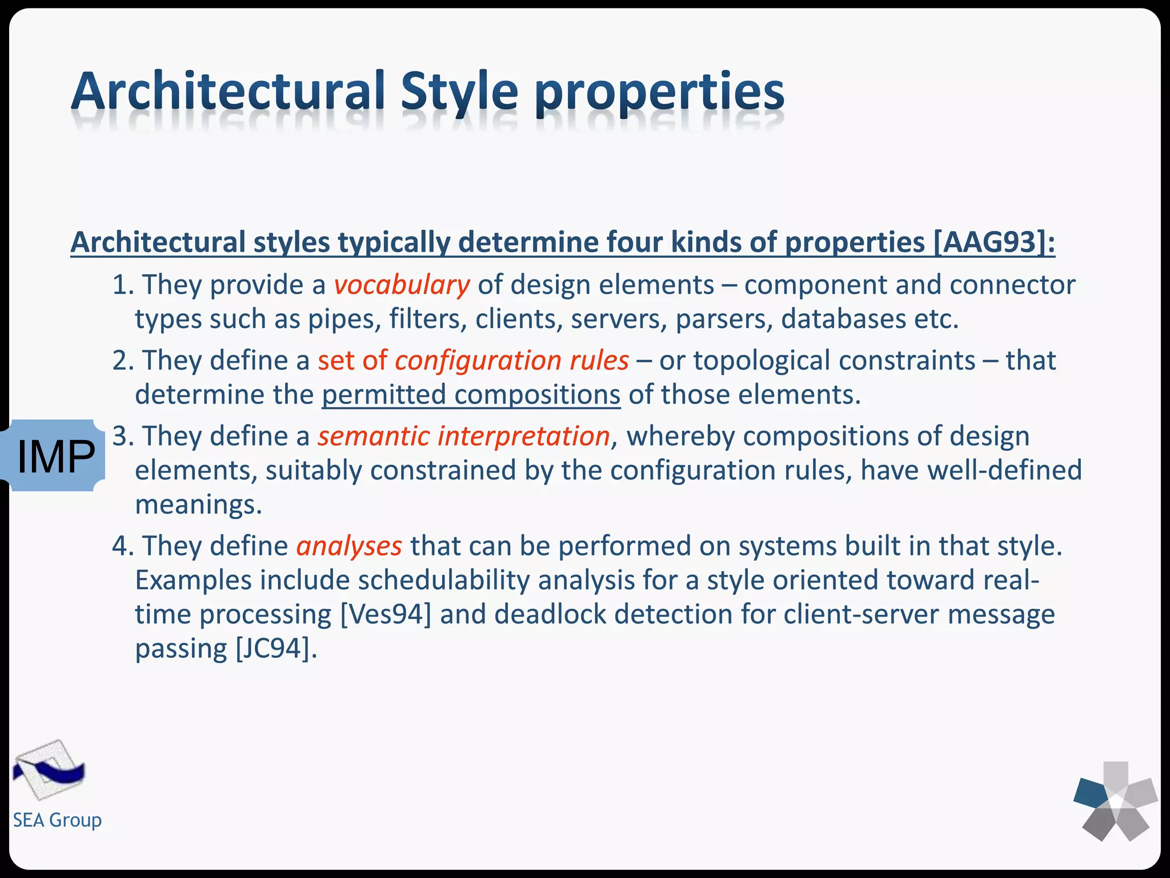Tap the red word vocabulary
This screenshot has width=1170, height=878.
(x=402, y=285)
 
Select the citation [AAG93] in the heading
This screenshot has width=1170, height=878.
(x=993, y=242)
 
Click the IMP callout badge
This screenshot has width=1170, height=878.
(x=55, y=456)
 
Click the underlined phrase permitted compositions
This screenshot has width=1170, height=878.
(x=471, y=394)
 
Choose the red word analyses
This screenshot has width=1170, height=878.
(x=349, y=546)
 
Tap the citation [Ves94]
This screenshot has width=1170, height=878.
(x=386, y=614)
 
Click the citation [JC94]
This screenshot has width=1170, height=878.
(x=275, y=649)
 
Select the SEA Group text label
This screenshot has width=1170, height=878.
(x=57, y=820)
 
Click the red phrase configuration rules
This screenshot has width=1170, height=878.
(x=511, y=361)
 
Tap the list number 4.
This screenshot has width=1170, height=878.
(x=121, y=546)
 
